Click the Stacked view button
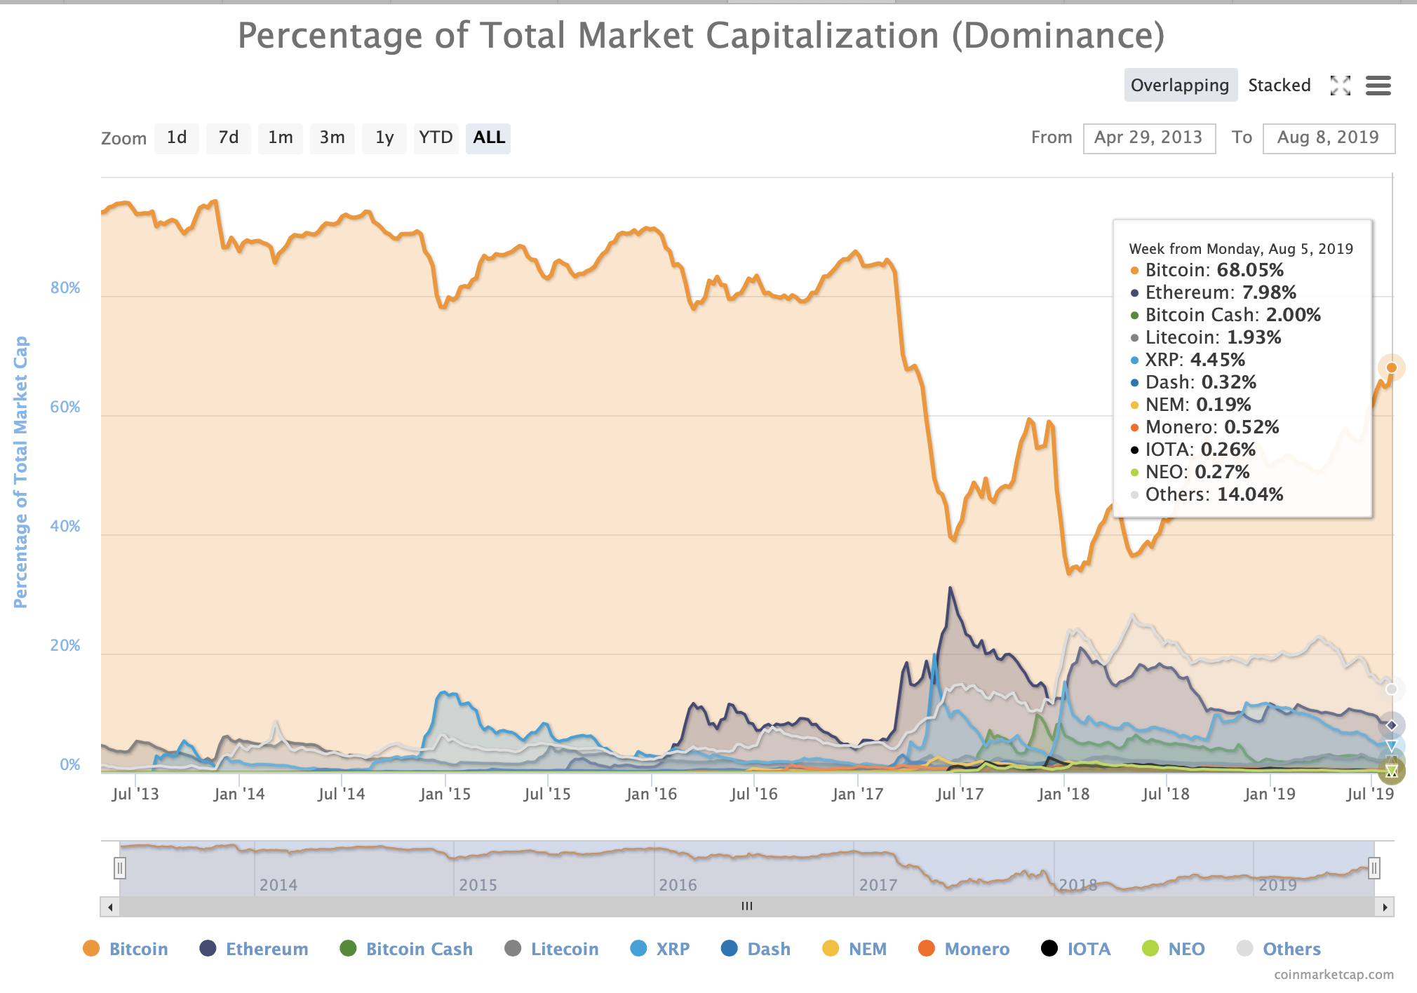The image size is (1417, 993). click(1279, 86)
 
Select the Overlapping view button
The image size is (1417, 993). click(1180, 86)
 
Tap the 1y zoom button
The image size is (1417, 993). click(384, 137)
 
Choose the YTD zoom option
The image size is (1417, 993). click(436, 137)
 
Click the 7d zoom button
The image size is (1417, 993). click(228, 137)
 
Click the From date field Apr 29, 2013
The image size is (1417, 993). click(1148, 137)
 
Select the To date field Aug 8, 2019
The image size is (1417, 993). click(1328, 137)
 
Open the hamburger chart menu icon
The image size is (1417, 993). click(1378, 86)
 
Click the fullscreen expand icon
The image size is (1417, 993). click(1340, 86)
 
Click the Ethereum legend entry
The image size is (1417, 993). click(266, 949)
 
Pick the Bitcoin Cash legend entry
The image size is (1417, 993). click(419, 949)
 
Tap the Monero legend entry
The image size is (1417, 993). click(976, 949)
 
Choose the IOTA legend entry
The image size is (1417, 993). click(1088, 949)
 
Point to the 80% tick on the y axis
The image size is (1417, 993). click(65, 288)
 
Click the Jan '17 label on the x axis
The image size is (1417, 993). click(857, 794)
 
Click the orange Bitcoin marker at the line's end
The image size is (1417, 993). click(1392, 367)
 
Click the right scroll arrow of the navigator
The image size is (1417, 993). click(1385, 907)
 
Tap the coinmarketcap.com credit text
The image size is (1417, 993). click(1334, 975)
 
